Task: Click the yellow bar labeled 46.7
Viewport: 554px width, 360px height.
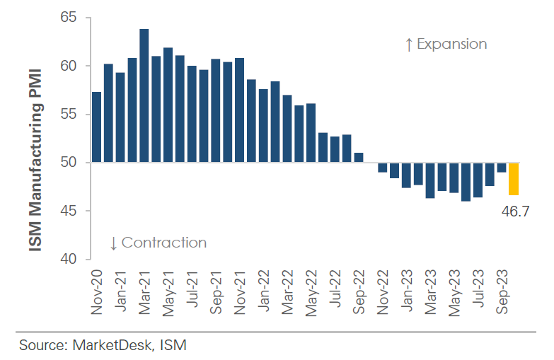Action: tap(513, 179)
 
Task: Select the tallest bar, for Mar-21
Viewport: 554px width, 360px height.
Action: tap(144, 96)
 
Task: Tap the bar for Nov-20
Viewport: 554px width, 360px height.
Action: tap(96, 127)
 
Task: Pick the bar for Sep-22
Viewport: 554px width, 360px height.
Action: tap(358, 158)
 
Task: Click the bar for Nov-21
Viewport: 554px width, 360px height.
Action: tap(239, 110)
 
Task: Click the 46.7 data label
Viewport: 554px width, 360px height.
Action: tap(514, 209)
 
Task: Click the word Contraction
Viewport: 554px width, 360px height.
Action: tap(164, 243)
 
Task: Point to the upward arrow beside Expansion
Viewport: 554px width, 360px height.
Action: tap(408, 45)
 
